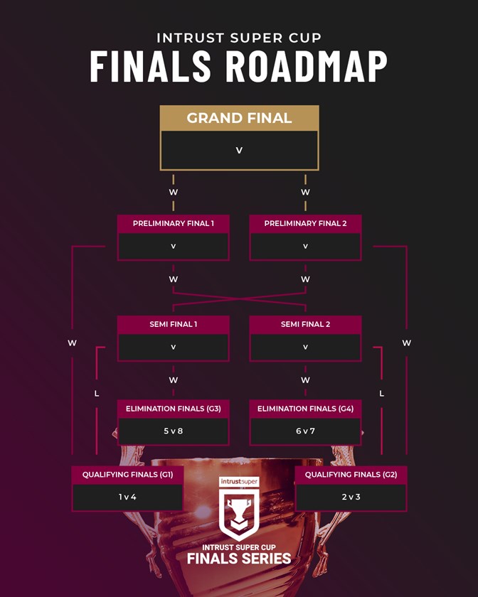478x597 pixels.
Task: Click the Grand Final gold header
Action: point(239,118)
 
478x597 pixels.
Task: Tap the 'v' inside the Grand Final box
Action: point(239,151)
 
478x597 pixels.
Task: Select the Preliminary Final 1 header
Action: point(173,223)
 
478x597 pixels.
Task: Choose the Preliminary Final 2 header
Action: point(305,223)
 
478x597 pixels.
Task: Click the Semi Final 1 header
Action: point(173,324)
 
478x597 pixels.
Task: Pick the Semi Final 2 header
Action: point(305,324)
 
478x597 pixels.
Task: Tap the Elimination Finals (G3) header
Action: point(173,409)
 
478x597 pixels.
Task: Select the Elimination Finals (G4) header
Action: point(305,409)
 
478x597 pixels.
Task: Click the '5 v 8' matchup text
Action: point(173,431)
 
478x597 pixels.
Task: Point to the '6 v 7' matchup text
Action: point(305,431)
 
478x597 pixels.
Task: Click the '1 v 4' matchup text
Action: point(127,497)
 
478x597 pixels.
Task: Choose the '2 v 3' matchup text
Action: point(351,497)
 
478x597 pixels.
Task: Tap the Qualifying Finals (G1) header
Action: point(127,474)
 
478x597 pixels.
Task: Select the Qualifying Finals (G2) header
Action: point(351,474)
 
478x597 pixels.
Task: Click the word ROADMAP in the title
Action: point(307,66)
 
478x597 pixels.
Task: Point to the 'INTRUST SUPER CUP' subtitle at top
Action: point(239,37)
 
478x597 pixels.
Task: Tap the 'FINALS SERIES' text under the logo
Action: point(239,559)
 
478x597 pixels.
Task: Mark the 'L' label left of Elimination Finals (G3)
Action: point(97,393)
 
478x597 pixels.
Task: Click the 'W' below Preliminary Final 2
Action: point(305,279)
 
